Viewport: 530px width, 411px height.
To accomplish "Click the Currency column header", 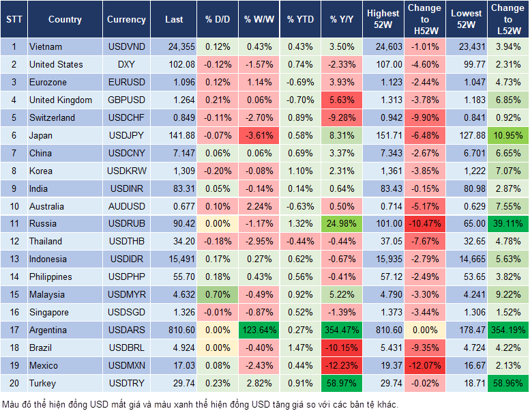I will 126,20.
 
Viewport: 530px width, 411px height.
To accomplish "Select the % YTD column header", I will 299,20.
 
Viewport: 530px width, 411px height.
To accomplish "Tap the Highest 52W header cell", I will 383,20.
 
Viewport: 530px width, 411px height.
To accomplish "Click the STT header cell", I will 14,20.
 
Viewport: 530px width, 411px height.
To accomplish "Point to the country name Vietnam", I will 46,46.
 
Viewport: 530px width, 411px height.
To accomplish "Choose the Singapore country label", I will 49,312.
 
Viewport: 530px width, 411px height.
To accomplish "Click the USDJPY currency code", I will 126,135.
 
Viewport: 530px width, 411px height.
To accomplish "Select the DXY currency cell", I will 126,64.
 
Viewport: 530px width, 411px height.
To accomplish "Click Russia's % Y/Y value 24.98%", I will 342,223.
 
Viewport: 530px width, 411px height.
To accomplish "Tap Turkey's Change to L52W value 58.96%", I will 507,383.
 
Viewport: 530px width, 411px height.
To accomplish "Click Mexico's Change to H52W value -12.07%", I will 424,365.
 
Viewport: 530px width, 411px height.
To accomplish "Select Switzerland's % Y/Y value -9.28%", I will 342,117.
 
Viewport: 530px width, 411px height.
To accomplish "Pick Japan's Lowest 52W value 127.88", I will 467,135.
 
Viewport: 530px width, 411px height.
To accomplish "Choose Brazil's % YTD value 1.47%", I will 299,348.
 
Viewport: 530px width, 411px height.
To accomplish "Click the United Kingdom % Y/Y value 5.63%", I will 342,100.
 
